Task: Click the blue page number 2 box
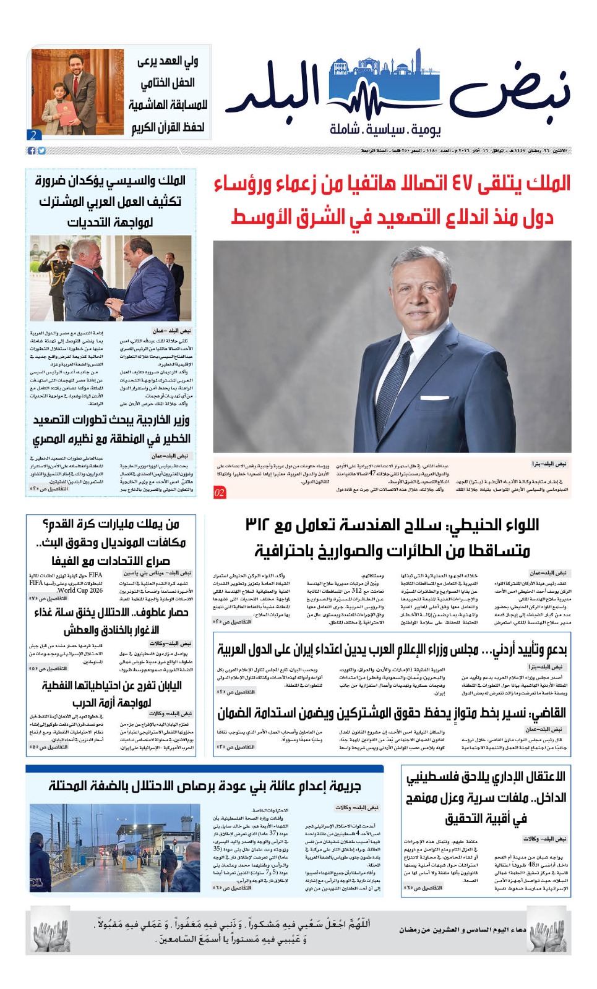tap(33, 135)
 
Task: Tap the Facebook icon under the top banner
tap(32, 151)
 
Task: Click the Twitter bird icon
tap(41, 151)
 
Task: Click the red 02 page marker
tap(220, 492)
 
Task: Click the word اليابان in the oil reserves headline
tap(163, 686)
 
